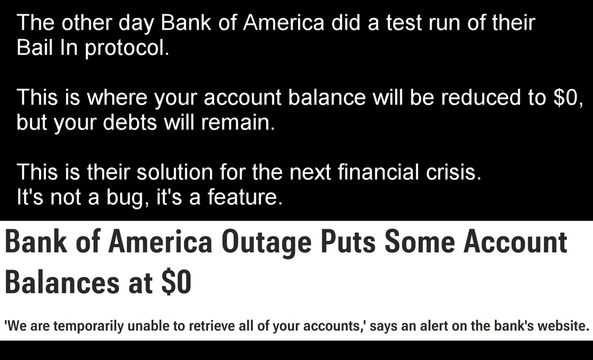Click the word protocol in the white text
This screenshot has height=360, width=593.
click(127, 48)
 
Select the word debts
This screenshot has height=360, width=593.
click(130, 122)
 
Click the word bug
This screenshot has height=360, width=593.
click(128, 198)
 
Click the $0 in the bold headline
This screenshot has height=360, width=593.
click(176, 282)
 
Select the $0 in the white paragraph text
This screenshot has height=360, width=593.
click(568, 97)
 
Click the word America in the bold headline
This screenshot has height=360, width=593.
click(160, 242)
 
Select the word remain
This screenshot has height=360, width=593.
click(238, 122)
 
